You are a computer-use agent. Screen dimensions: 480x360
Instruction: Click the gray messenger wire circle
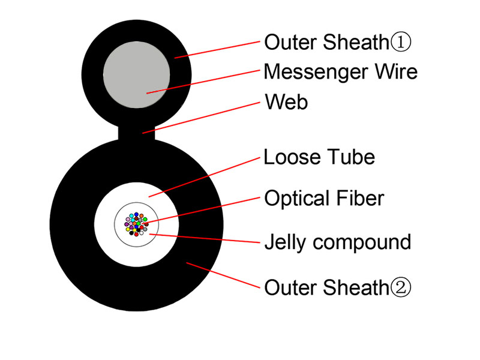[x=137, y=74]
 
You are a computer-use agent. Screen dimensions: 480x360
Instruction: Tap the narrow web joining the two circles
[x=137, y=133]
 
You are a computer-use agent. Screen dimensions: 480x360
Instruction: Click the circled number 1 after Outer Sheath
[x=400, y=42]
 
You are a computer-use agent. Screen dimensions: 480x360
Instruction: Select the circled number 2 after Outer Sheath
[x=400, y=287]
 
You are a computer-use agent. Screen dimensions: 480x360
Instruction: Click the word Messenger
[x=316, y=72]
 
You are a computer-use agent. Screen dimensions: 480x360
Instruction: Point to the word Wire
[x=396, y=71]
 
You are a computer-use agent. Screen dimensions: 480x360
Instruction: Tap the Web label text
[x=287, y=101]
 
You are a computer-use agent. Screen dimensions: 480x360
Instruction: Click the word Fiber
[x=360, y=198]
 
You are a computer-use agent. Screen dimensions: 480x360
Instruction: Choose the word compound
[x=362, y=243]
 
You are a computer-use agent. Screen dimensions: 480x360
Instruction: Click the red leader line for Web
[x=201, y=118]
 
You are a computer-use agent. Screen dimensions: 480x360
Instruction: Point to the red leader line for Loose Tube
[x=204, y=177]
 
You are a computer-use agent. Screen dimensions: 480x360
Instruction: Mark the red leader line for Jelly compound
[x=205, y=238]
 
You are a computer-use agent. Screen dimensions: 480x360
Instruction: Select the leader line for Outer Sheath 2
[x=223, y=275]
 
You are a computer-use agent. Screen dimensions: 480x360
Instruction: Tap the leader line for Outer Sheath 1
[x=217, y=50]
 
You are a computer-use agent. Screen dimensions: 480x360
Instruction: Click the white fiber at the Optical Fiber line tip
[x=143, y=223]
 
